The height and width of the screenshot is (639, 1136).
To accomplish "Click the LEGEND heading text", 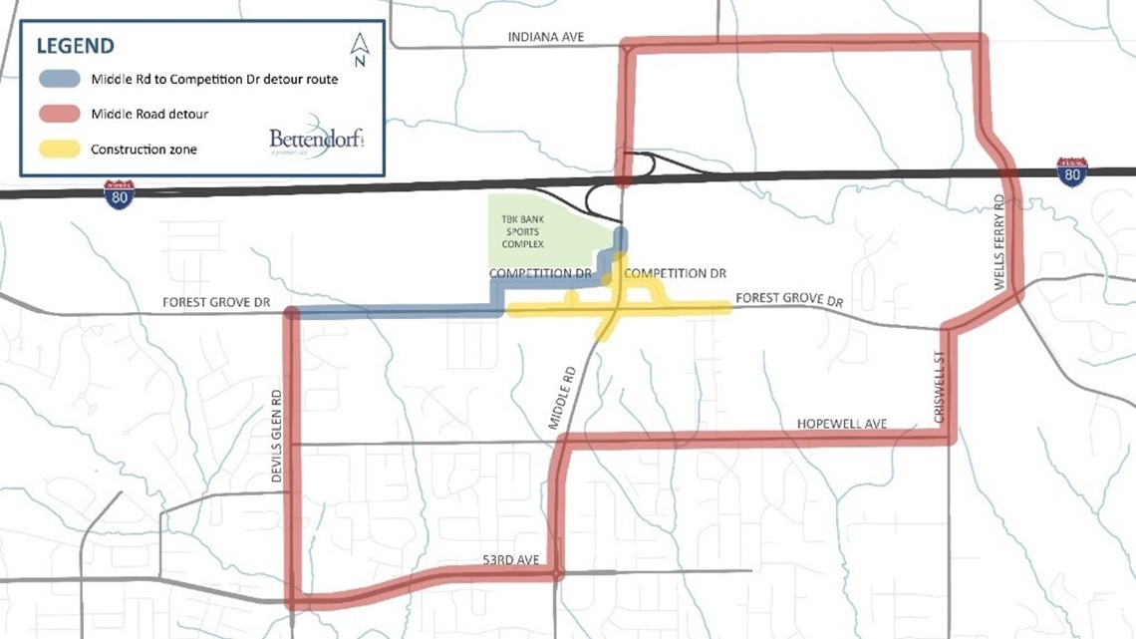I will point(75,46).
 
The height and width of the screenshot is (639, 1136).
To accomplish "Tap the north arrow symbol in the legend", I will point(361,49).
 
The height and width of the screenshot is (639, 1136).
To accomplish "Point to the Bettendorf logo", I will point(316,140).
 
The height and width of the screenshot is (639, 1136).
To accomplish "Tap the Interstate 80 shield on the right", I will point(1071,171).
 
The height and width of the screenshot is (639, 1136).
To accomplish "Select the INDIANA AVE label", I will point(545,37).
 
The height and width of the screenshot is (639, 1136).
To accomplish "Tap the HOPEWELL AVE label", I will point(841,424).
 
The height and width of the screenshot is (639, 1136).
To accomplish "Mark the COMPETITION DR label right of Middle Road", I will point(675,273).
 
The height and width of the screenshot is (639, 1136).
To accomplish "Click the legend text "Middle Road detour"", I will point(149,114).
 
